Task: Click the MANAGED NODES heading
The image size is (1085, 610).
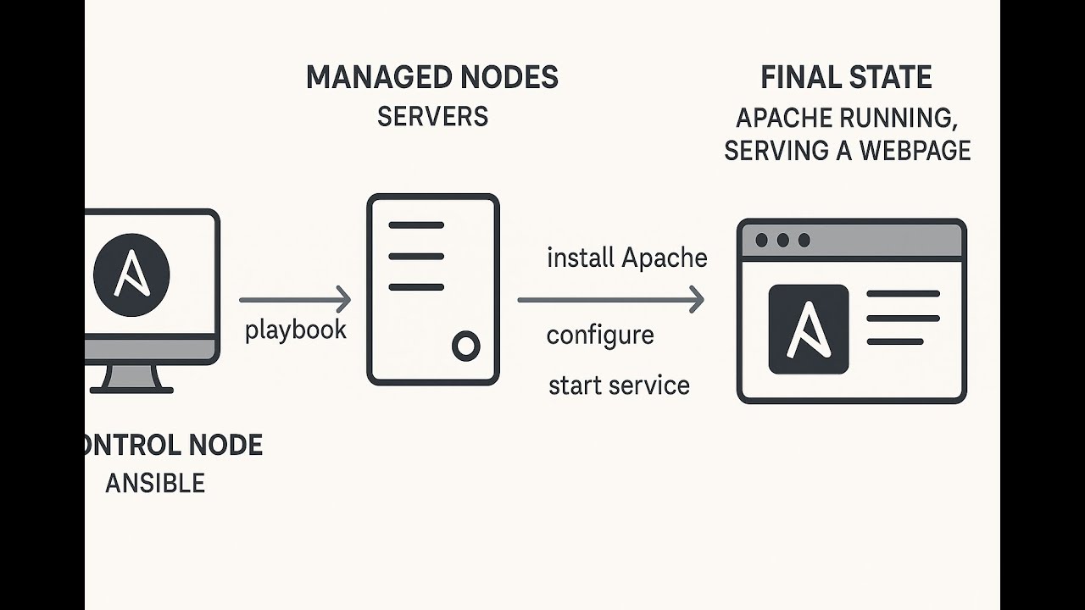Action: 431,78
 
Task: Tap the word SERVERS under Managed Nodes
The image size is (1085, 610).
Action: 432,117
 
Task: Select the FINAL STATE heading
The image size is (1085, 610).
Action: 846,78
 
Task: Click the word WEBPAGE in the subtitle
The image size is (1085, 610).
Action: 915,151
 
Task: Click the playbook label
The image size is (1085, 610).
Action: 295,330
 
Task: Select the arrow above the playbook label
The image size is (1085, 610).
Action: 294,299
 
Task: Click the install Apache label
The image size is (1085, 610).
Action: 626,258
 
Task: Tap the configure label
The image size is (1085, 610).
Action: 600,335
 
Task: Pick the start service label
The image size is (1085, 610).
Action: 619,385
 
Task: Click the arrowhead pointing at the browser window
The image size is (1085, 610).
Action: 697,299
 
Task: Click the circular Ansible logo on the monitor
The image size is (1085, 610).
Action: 131,275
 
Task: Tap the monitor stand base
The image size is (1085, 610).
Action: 131,390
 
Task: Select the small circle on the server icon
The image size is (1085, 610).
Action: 465,345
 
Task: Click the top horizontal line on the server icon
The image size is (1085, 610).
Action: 415,225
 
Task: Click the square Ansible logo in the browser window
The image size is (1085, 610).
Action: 808,330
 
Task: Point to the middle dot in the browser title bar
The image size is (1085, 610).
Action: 782,241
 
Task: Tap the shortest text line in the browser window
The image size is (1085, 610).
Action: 894,341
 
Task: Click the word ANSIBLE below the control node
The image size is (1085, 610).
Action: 155,484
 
